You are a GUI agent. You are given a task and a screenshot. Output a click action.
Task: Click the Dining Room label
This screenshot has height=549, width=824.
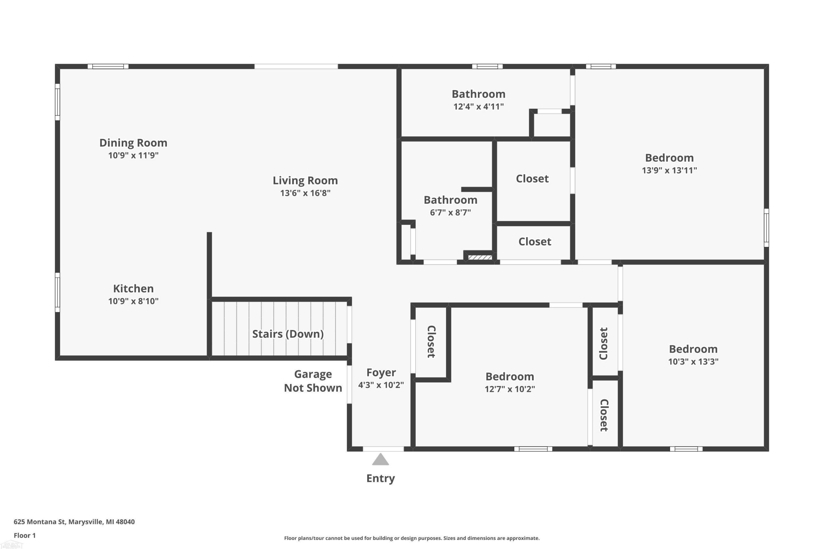[x=133, y=143]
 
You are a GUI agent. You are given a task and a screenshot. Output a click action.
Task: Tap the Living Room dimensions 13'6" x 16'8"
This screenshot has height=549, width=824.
[x=305, y=193]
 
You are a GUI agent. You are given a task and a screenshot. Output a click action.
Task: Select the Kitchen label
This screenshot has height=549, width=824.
[x=133, y=288]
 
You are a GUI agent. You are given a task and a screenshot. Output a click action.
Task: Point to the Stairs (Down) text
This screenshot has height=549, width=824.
[x=288, y=334]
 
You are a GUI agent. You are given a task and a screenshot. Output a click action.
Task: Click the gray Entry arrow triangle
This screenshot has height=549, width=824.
[x=380, y=460]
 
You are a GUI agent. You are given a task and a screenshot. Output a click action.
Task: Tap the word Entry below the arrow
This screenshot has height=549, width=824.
[x=380, y=479]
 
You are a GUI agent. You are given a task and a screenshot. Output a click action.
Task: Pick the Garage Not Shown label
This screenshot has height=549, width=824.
[x=313, y=381]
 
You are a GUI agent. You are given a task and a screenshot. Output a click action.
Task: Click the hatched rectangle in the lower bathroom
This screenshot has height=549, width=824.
[x=480, y=258]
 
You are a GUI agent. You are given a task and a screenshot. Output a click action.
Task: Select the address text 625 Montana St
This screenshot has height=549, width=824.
[x=40, y=522]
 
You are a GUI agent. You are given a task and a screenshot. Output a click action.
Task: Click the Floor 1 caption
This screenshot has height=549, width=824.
[x=24, y=535]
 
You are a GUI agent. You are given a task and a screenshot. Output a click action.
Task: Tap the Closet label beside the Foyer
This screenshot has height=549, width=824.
[x=431, y=342]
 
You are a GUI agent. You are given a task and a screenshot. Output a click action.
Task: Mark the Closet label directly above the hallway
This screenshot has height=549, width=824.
[x=535, y=242]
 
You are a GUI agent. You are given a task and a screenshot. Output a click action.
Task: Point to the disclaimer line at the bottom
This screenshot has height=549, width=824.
[x=412, y=538]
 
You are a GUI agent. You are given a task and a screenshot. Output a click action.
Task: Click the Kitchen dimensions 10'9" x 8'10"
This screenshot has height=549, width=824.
[x=133, y=301]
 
